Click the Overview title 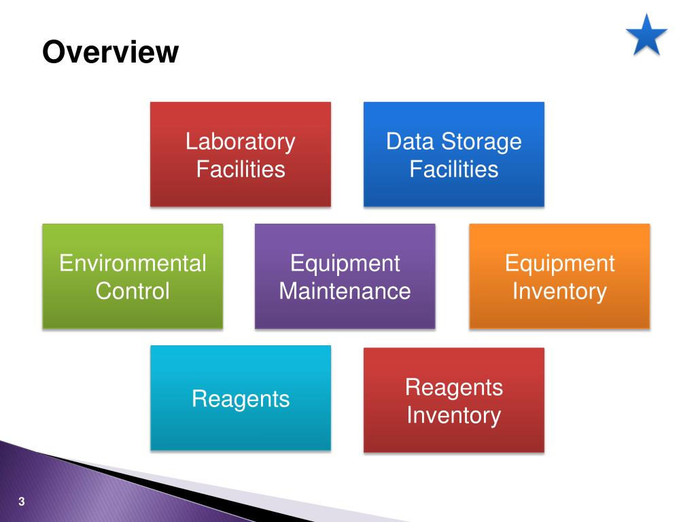click(110, 52)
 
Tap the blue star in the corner click(646, 35)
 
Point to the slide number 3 click(22, 502)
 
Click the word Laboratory click(241, 142)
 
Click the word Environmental click(133, 263)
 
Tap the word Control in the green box click(133, 291)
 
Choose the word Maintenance click(345, 291)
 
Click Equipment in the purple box click(345, 263)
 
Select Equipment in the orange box click(559, 263)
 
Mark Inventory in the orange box click(559, 291)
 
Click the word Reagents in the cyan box click(241, 398)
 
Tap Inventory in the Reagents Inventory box click(453, 415)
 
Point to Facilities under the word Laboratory click(241, 169)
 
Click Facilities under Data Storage click(453, 169)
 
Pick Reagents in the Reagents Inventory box click(453, 387)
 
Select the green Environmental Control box click(133, 313)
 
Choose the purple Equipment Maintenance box click(345, 313)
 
